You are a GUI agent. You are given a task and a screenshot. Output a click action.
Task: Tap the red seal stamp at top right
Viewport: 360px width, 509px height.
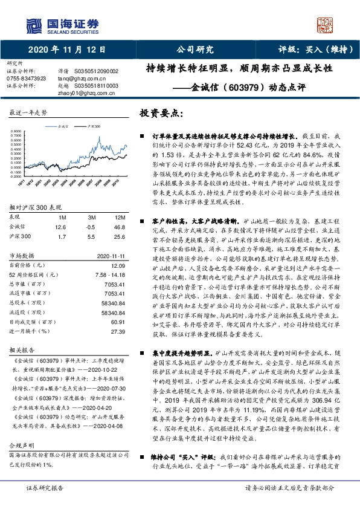coord(327,24)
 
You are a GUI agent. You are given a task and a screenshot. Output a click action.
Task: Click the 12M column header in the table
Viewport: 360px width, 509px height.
coord(119,216)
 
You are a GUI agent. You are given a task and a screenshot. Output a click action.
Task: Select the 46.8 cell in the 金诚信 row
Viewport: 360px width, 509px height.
coord(119,226)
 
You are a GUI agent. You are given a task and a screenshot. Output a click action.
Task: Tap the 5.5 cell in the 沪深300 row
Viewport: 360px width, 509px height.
coord(91,236)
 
